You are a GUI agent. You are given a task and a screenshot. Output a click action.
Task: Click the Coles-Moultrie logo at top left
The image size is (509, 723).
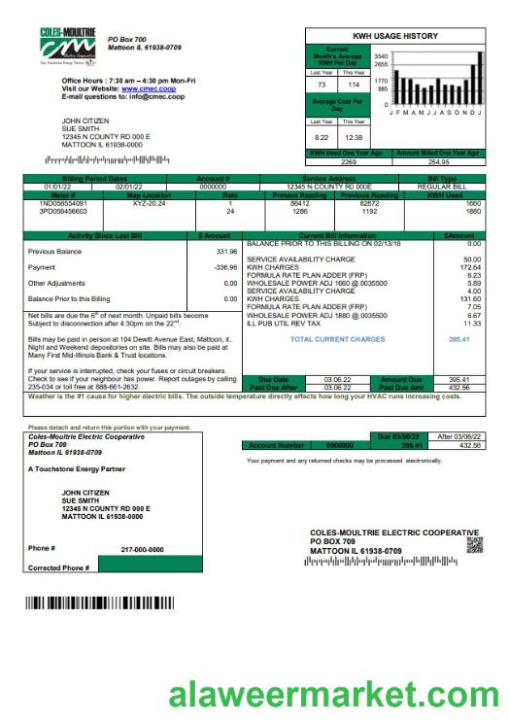coord(68,48)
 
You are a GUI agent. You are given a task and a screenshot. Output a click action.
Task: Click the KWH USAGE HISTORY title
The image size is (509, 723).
coord(394,35)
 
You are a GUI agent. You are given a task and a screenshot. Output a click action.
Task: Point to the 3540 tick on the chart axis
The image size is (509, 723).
coord(381,56)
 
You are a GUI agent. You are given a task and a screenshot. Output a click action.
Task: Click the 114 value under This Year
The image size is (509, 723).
coord(355,86)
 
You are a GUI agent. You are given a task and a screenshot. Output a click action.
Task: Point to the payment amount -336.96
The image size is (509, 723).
coord(224,267)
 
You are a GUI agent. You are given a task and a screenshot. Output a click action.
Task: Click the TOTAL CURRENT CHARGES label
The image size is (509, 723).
coord(337,339)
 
